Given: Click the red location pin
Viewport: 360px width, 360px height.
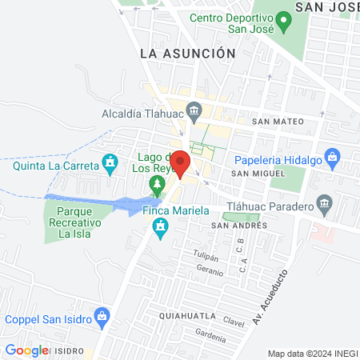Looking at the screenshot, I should (x=181, y=162).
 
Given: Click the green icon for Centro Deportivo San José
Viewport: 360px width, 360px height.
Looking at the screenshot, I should (x=282, y=22).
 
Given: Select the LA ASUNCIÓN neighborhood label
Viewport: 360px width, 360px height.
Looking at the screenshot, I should (x=187, y=53).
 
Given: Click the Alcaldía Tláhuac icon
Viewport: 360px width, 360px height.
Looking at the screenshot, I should (x=194, y=110).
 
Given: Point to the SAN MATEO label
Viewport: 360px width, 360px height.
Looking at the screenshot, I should (x=278, y=122).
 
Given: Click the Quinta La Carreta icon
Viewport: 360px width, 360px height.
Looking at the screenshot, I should (x=110, y=165).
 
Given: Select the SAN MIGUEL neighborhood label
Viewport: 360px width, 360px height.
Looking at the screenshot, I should (x=258, y=174).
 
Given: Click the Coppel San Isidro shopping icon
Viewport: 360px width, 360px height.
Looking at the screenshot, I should (x=102, y=317).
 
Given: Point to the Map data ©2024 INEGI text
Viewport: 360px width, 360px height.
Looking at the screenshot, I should (x=311, y=354).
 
